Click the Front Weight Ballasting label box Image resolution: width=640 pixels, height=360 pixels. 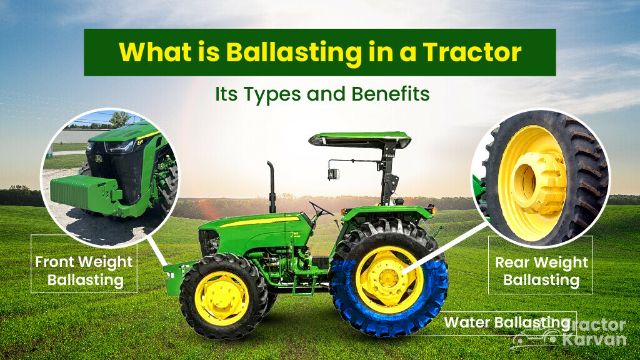(84, 270)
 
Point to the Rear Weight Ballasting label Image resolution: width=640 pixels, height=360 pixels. (541, 271)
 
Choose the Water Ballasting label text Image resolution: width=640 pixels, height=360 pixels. (507, 322)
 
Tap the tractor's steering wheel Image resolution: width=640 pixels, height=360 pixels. (321, 209)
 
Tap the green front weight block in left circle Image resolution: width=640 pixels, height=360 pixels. (81, 191)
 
